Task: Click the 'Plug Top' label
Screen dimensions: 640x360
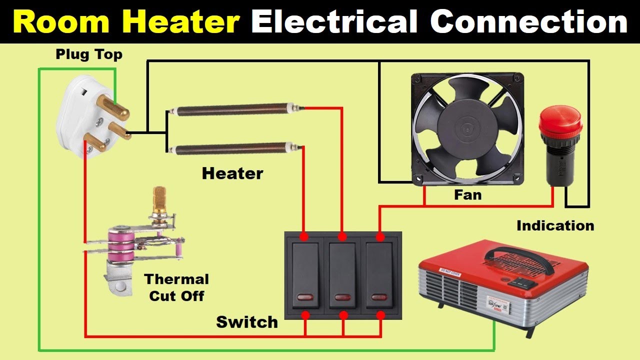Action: click(89, 54)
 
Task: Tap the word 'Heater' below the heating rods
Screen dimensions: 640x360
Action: click(232, 173)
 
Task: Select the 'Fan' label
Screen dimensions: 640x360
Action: click(467, 194)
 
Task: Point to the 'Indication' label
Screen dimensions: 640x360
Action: click(555, 225)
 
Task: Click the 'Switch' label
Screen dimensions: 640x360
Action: click(246, 321)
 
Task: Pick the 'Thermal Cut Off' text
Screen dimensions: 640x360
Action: click(176, 287)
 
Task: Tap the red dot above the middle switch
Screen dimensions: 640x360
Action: click(342, 235)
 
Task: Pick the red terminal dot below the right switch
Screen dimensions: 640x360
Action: click(380, 315)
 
